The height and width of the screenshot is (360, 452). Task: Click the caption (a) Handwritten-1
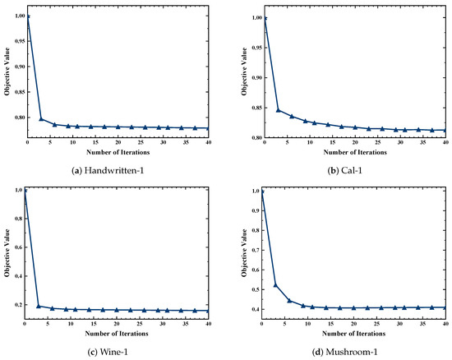click(108, 171)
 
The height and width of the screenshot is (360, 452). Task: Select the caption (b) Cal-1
click(345, 171)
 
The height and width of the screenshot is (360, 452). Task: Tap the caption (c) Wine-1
click(108, 352)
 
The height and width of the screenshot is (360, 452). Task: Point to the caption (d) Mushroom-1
click(345, 352)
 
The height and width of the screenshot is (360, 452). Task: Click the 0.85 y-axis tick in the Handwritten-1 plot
click(21, 92)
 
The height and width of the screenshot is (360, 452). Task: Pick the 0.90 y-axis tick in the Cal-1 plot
click(257, 78)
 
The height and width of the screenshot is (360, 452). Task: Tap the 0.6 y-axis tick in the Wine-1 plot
click(19, 247)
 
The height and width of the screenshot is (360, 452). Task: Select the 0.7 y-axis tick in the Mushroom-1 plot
click(256, 250)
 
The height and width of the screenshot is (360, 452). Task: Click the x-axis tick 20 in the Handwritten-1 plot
click(118, 142)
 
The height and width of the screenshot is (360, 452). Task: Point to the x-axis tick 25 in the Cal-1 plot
click(378, 142)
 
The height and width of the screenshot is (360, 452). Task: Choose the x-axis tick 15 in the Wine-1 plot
click(94, 324)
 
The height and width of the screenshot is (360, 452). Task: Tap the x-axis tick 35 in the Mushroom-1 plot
click(423, 324)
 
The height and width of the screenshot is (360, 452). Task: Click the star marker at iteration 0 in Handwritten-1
click(28, 16)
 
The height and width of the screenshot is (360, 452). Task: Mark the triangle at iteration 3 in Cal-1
click(278, 110)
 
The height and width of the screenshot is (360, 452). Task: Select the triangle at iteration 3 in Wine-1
click(39, 306)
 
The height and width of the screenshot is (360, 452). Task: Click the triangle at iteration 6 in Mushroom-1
click(289, 301)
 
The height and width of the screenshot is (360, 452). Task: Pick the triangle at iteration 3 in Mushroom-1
click(275, 285)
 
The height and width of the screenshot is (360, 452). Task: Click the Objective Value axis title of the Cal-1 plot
click(244, 72)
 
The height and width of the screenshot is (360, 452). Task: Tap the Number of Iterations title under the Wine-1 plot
click(117, 334)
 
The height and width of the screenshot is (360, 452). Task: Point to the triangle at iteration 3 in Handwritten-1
click(41, 118)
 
